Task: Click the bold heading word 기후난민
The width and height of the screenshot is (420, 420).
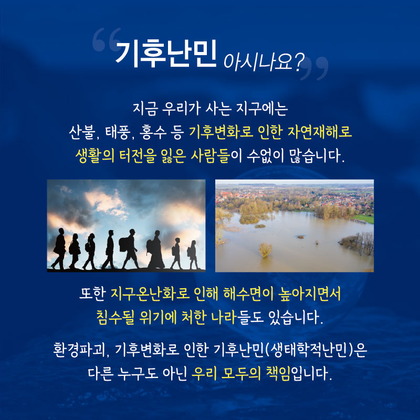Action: click(166, 54)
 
